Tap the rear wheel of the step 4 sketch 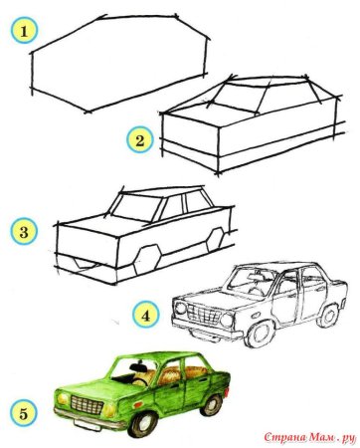325,313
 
